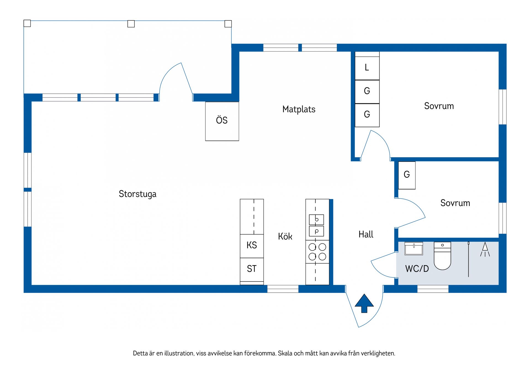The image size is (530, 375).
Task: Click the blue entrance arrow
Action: [x=364, y=303]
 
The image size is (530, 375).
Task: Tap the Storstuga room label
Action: [x=137, y=194]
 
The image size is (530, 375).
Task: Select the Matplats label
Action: [x=299, y=109]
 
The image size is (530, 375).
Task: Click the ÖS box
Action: [x=222, y=121]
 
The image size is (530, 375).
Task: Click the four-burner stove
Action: [x=317, y=251]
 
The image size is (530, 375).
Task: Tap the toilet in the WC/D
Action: [x=442, y=256]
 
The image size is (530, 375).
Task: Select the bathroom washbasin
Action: [x=414, y=248]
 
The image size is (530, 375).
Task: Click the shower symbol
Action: [x=485, y=249]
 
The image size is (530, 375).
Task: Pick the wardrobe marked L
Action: [x=367, y=68]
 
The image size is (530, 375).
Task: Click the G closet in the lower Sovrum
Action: [x=407, y=175]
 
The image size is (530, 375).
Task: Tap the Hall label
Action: [x=366, y=234]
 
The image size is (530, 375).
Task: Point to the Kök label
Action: [x=285, y=236]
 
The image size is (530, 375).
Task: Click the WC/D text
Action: [x=417, y=269]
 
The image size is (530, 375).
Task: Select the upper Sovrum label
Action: [x=439, y=106]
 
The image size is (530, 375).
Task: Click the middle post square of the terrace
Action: [x=131, y=24]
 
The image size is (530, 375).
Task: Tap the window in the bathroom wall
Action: [x=433, y=289]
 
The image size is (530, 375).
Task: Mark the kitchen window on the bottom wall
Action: [x=283, y=289]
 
